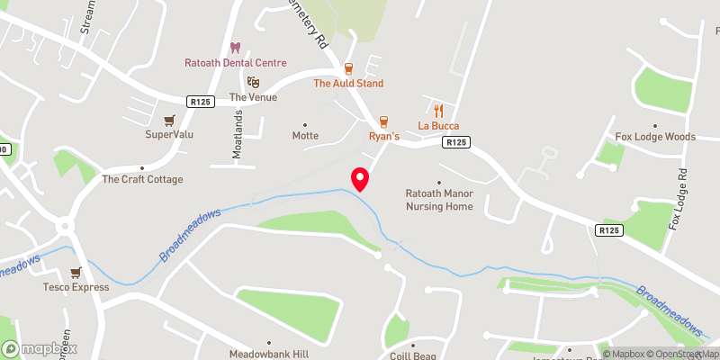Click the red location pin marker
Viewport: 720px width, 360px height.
360,179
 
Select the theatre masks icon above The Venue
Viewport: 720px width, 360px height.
254,82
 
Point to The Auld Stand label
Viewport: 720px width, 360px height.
348,84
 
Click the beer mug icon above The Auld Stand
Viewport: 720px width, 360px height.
348,68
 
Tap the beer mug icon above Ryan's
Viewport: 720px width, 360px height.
384,121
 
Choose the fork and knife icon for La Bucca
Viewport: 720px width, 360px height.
439,111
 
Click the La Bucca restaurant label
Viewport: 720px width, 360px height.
439,126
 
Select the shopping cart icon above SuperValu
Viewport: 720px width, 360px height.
169,120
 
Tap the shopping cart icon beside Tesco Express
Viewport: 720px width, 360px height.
76,273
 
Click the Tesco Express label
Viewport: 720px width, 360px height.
76,288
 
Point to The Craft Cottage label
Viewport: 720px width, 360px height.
142,179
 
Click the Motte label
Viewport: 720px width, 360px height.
305,136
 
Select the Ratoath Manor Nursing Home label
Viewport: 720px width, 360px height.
439,200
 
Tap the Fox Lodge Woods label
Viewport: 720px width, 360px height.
655,137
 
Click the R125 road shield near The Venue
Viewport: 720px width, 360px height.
201,103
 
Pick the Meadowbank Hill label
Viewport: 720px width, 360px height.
268,354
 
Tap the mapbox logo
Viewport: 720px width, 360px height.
40,348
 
